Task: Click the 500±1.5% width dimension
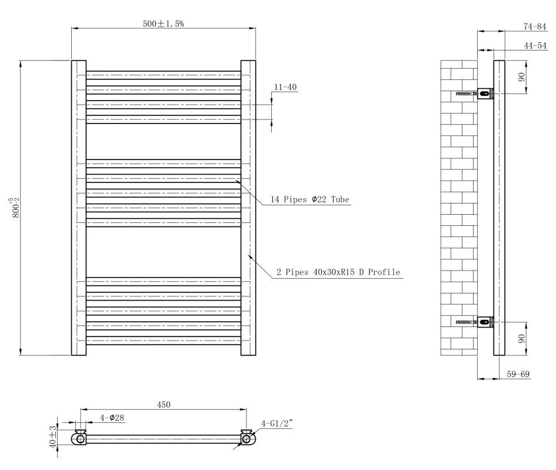click(164, 24)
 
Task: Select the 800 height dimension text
click(16, 208)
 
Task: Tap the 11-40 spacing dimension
click(285, 87)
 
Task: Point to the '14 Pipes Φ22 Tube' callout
click(310, 200)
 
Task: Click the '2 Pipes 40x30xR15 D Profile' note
click(338, 272)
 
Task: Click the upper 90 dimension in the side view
click(521, 76)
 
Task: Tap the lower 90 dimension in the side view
click(521, 339)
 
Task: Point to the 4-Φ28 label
click(112, 418)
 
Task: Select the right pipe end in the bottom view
click(247, 439)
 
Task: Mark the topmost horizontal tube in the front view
click(164, 75)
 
